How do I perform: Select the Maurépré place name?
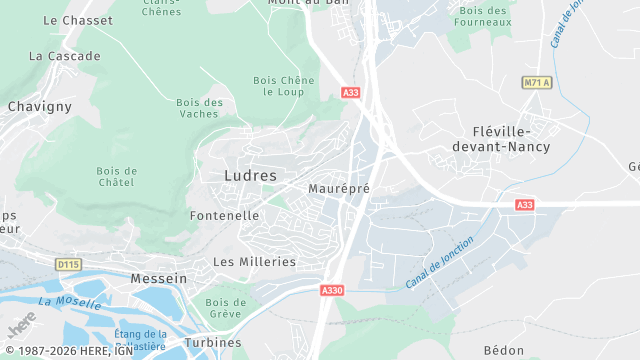click(x=339, y=188)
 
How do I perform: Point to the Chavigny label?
click(x=39, y=105)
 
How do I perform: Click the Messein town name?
click(x=158, y=278)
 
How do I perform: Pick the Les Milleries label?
click(x=255, y=261)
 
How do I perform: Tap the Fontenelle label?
click(x=224, y=215)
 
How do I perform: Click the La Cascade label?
click(x=65, y=56)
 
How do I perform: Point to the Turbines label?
click(x=213, y=342)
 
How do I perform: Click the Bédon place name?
click(x=503, y=350)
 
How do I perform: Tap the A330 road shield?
click(x=332, y=290)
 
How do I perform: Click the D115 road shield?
click(x=68, y=264)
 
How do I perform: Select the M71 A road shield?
click(x=537, y=83)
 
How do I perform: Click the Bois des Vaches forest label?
click(x=199, y=108)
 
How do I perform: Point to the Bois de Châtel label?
click(x=117, y=177)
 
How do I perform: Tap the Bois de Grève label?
click(x=225, y=308)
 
